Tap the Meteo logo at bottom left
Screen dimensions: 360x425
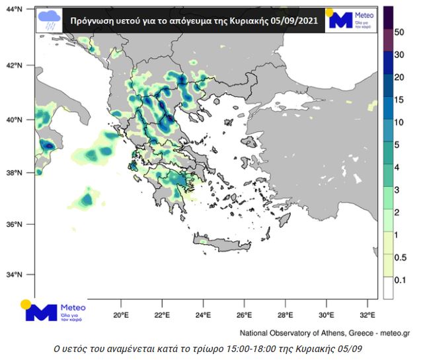[52, 310]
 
